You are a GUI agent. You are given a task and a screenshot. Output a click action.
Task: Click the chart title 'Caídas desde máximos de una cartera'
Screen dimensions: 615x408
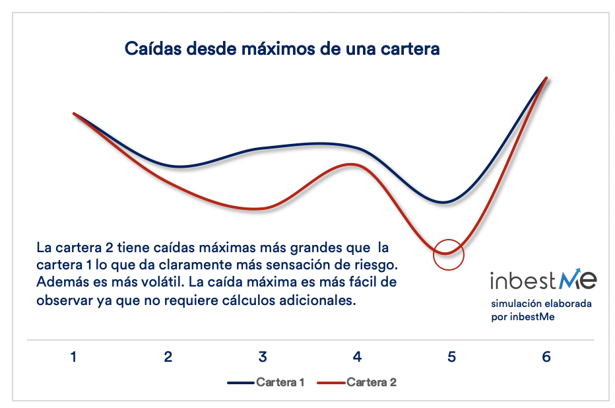click(282, 49)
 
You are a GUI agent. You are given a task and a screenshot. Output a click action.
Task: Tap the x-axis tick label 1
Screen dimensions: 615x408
click(73, 357)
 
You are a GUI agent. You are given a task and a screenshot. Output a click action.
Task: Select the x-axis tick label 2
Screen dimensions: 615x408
click(168, 357)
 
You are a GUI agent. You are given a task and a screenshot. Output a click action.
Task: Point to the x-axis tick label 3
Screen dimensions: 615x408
click(263, 357)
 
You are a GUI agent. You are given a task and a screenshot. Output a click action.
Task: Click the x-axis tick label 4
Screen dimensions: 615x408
click(357, 357)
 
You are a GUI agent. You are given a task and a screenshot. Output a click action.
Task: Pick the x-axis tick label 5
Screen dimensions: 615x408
click(451, 357)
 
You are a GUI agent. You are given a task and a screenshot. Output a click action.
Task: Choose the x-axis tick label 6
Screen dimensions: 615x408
click(546, 357)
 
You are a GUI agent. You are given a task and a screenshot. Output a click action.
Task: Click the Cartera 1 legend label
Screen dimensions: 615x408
click(280, 382)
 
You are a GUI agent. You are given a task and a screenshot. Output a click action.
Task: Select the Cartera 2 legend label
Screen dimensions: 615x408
click(372, 382)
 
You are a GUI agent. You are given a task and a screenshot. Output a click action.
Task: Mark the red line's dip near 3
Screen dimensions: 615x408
click(254, 209)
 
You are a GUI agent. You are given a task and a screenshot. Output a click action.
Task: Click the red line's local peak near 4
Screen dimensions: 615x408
click(350, 164)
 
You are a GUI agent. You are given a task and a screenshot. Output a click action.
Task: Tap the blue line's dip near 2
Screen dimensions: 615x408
click(179, 167)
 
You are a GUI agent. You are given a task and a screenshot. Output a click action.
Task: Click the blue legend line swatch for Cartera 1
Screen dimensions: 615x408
click(241, 382)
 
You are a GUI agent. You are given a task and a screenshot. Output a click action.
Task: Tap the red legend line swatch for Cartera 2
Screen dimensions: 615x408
click(331, 382)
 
